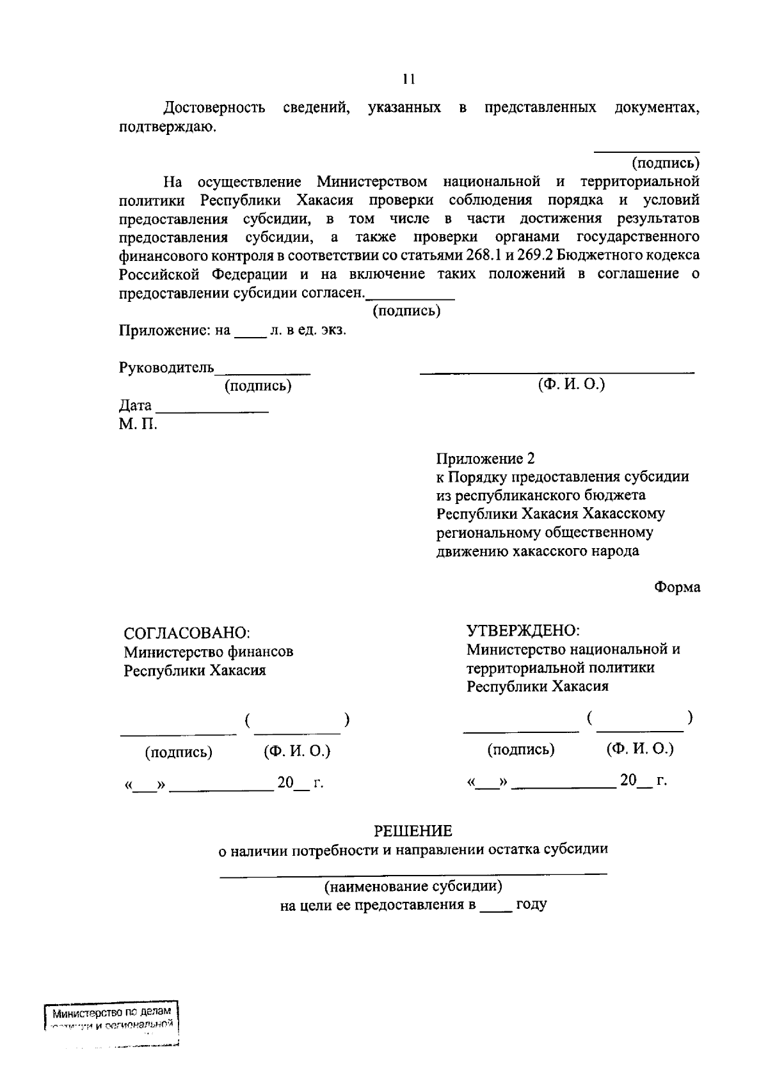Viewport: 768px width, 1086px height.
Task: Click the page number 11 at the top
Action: click(x=409, y=79)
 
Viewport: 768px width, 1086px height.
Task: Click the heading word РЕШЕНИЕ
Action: click(x=413, y=831)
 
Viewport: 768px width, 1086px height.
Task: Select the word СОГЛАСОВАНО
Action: click(x=186, y=633)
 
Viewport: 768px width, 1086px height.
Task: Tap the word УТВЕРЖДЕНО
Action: click(x=523, y=631)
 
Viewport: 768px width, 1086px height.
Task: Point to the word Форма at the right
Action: click(x=677, y=587)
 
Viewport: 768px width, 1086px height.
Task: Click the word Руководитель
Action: click(x=166, y=368)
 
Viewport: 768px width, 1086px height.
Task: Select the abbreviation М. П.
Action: click(x=138, y=423)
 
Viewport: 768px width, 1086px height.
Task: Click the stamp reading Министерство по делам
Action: click(x=112, y=1013)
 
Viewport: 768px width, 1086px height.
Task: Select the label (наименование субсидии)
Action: click(x=413, y=886)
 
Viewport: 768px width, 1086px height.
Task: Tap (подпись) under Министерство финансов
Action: click(x=179, y=752)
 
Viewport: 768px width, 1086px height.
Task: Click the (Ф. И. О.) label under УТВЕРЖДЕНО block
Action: click(x=640, y=749)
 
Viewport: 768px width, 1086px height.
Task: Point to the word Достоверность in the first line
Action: click(x=214, y=107)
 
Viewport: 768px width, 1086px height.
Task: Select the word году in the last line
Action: click(x=531, y=905)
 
